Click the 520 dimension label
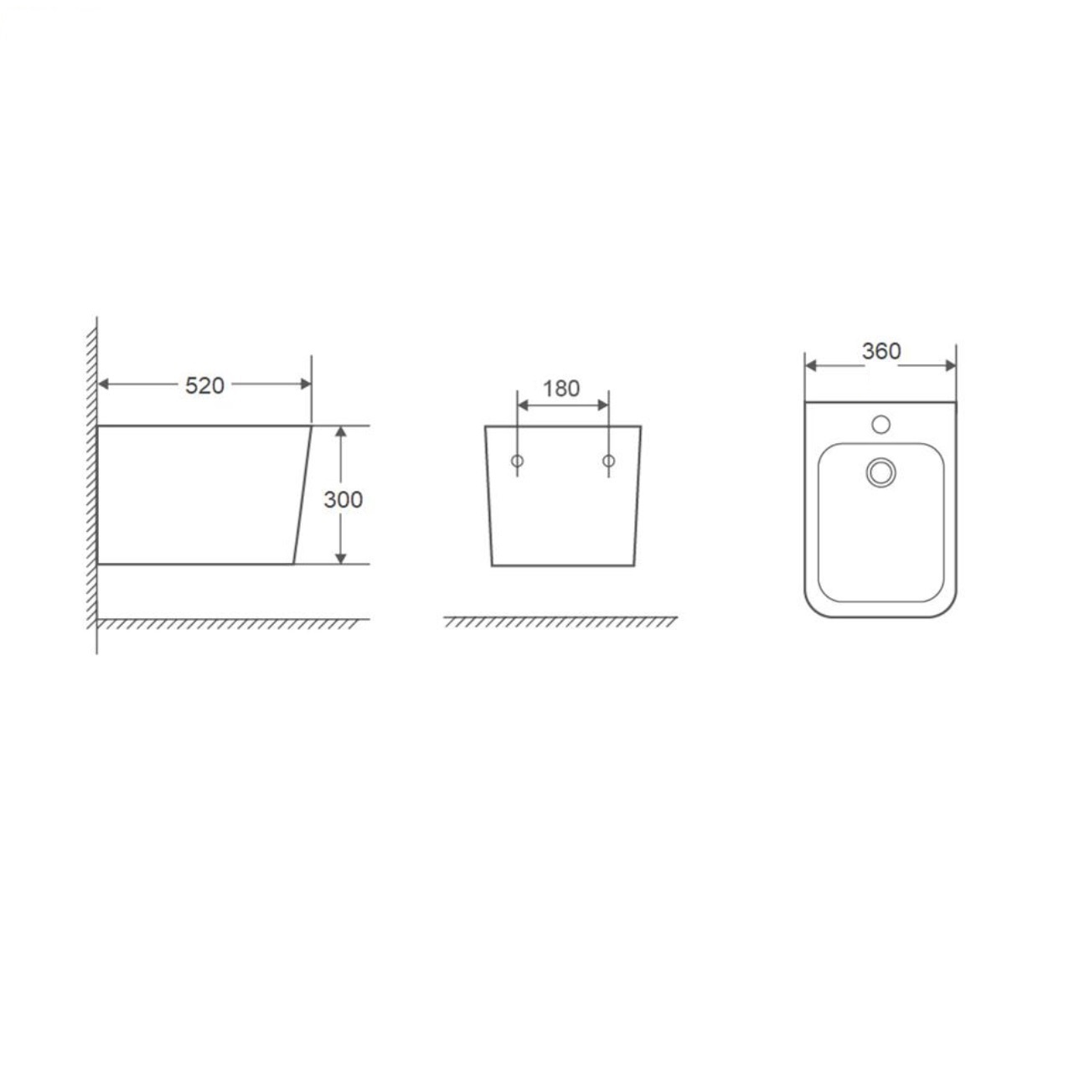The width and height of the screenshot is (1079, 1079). point(204,386)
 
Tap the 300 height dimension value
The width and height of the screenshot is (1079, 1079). point(343,499)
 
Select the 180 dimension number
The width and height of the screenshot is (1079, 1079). point(561,389)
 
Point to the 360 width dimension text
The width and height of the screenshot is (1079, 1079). point(881,351)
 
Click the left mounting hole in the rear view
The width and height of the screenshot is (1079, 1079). point(518,461)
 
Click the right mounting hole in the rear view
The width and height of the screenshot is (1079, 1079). point(609,461)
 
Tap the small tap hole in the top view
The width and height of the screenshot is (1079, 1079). point(880,425)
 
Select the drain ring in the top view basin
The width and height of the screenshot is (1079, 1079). point(880,472)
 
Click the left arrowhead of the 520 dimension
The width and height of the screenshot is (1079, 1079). point(103,385)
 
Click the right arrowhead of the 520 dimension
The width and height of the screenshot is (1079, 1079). point(306,385)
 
